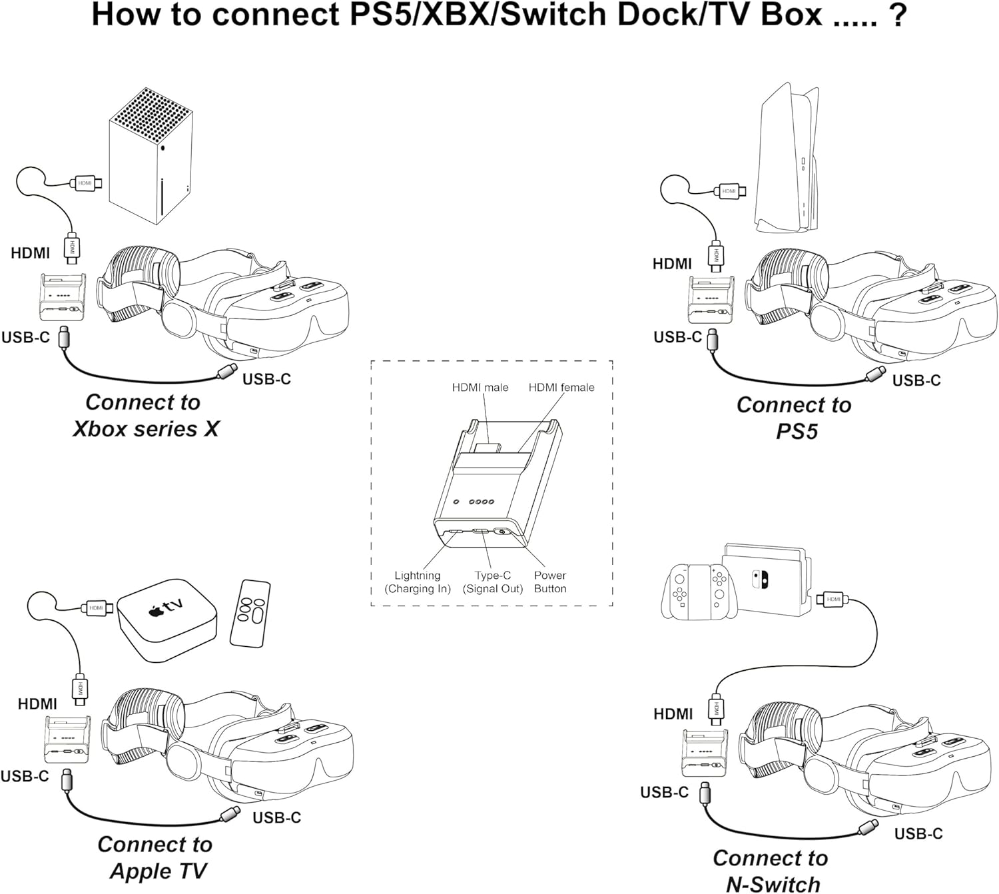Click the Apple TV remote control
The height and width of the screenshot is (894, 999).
click(250, 613)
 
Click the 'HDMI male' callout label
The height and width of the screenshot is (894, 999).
click(480, 388)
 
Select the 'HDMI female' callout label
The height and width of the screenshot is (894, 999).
click(561, 388)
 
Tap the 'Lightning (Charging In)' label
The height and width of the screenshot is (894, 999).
click(418, 582)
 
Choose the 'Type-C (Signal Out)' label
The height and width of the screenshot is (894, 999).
click(493, 582)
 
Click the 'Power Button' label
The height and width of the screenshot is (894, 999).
click(550, 582)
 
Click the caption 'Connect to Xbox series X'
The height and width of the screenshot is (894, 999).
click(145, 416)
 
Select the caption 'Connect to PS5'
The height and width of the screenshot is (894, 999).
click(794, 418)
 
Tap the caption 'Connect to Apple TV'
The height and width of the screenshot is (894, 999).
click(155, 857)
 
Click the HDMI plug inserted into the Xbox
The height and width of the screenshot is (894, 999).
click(86, 183)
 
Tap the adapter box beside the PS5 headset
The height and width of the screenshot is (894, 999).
click(711, 300)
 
